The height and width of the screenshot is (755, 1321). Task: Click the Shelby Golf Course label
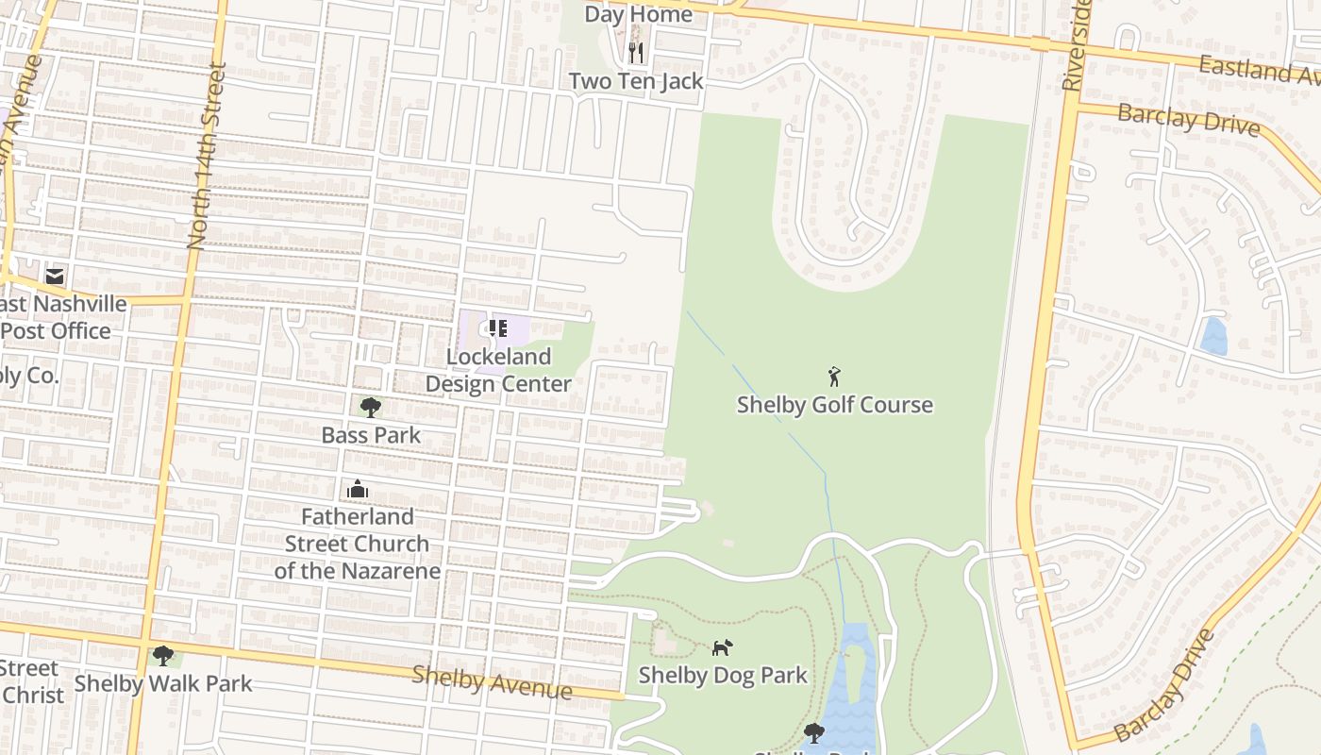coord(834,405)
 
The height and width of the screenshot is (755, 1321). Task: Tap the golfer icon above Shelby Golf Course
coord(834,377)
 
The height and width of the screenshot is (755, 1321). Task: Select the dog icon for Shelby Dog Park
coord(722,647)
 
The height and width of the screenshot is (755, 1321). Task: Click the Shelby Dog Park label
coord(723,675)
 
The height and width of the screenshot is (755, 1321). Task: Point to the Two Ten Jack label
coord(636,81)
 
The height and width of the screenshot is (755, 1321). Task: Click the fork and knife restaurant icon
coord(636,52)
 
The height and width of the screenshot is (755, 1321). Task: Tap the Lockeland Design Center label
coord(498,370)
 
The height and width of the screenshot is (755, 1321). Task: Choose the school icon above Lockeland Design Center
coord(497,328)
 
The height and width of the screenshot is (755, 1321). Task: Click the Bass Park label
coord(371,435)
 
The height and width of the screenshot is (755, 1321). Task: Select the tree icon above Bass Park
coord(371,407)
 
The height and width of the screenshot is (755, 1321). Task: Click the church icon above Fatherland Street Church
coord(357,489)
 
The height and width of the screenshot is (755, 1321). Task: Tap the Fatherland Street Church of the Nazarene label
coord(357,544)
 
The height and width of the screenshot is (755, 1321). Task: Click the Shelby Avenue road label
coord(492,682)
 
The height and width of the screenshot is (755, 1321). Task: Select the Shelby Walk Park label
coord(163,683)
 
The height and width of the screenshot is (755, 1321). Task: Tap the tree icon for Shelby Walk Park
coord(163,655)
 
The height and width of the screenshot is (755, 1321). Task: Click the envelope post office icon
coord(55,276)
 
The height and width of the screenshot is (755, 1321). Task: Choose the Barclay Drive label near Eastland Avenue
coord(1188,119)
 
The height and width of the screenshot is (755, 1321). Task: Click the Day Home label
coord(638,14)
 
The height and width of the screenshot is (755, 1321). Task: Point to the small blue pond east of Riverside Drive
coord(1213,336)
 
